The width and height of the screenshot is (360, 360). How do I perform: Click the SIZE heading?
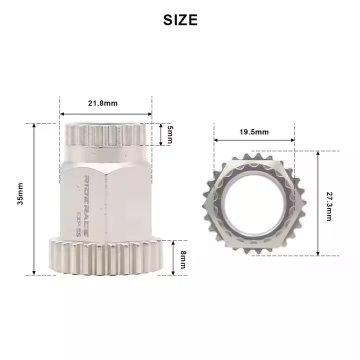(x=180, y=19)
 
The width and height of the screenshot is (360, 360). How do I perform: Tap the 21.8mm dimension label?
(x=103, y=103)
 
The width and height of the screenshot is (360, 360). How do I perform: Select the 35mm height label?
(x=20, y=194)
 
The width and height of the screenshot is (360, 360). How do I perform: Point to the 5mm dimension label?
(x=170, y=134)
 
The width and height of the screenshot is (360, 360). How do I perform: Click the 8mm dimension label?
(x=183, y=259)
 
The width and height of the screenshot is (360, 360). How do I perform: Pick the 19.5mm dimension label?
(x=254, y=132)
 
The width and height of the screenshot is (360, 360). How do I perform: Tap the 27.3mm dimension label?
(x=329, y=206)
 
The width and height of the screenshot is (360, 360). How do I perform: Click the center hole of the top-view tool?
(x=254, y=203)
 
